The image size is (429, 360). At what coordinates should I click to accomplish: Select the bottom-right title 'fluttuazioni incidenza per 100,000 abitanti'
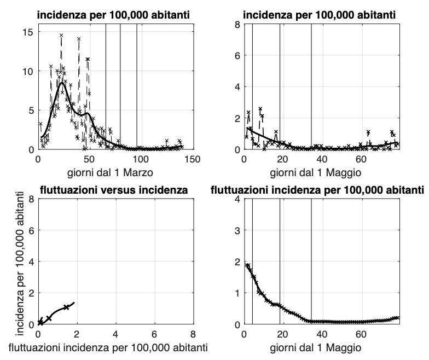click(x=317, y=190)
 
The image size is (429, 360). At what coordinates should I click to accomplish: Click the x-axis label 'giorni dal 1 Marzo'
click(x=114, y=172)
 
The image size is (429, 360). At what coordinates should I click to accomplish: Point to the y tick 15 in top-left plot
click(x=27, y=32)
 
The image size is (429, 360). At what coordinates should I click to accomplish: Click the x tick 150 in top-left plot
click(x=192, y=159)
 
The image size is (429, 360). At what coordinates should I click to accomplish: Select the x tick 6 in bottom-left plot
click(x=154, y=334)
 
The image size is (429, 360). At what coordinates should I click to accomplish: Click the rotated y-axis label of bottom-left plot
click(x=13, y=261)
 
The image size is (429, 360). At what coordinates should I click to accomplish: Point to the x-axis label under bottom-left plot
click(x=114, y=347)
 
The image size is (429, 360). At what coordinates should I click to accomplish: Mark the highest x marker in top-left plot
click(x=61, y=35)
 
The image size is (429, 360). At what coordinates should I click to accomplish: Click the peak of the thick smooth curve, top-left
click(x=62, y=83)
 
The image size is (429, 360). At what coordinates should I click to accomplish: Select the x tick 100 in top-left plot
click(x=141, y=159)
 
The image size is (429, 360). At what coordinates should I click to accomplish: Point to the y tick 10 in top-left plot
click(x=27, y=71)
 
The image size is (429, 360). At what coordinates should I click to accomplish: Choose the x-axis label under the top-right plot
click(x=321, y=172)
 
